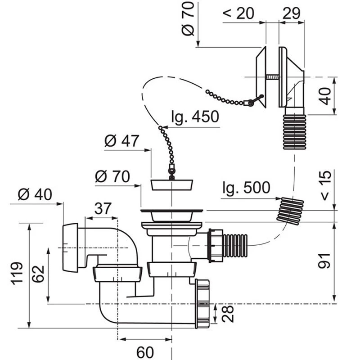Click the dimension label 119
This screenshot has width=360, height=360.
[x=18, y=273]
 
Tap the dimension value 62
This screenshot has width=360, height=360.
[x=38, y=274]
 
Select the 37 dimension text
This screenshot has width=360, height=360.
[x=103, y=208]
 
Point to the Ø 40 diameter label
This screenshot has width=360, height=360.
[x=35, y=194]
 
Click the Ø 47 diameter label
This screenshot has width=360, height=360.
[x=121, y=140]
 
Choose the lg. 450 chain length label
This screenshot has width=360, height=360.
[x=195, y=117]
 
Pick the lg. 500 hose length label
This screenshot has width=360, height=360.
[x=246, y=187]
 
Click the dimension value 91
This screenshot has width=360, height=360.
[x=324, y=261]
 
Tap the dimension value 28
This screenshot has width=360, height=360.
[x=228, y=314]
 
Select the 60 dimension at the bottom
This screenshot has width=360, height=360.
[x=145, y=352]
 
